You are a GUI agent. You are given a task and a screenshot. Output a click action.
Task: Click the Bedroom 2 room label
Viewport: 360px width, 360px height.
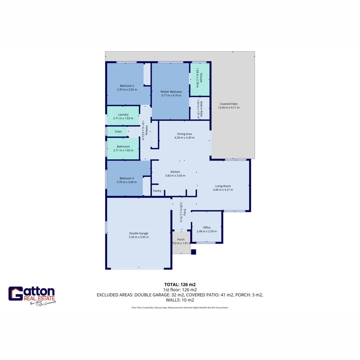coord(127,86)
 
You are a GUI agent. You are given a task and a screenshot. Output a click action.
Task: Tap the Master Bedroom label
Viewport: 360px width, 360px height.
coord(171,92)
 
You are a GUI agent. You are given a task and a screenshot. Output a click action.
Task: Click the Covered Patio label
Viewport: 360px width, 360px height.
coord(229,104)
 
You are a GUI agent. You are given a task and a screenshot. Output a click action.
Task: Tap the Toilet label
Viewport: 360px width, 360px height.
coord(118,132)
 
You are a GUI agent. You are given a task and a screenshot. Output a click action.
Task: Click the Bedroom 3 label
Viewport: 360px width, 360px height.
coord(127,178)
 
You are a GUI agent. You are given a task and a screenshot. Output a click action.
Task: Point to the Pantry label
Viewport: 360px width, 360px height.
coord(157,191)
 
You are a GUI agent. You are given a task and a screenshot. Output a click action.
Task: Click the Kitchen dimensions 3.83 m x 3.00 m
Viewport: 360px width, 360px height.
coord(175,176)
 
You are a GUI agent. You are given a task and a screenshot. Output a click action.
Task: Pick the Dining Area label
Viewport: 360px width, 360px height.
coord(184,134)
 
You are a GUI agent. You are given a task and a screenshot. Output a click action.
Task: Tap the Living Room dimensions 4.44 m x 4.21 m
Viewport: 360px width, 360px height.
coord(223,190)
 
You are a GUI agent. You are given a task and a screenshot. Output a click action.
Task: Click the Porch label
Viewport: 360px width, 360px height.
coord(181,239)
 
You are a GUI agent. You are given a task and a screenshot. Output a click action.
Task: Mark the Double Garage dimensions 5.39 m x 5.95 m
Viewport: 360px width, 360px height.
coord(139,237)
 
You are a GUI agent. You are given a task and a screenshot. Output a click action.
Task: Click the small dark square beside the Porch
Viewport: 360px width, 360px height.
coord(193,252)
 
